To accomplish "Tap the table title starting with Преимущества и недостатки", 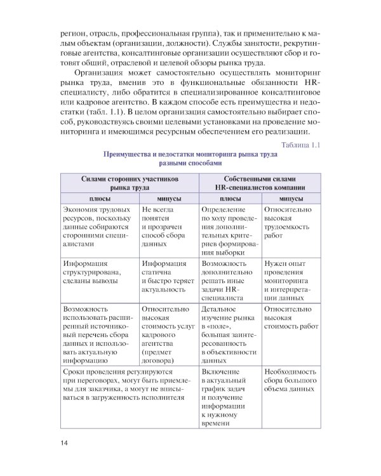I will (190, 158).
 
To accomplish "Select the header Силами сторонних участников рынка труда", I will (130, 183).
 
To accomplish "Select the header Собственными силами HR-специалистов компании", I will (260, 183).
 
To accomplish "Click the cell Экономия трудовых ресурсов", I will (98, 227).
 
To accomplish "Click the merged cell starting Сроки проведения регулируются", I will (130, 384).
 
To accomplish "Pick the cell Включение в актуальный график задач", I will (229, 397).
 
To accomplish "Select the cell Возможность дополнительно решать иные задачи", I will (229, 280).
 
